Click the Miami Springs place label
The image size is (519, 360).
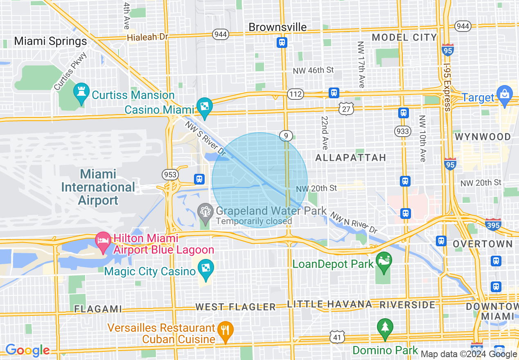pos(50,41)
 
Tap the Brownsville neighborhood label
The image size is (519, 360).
pos(278,27)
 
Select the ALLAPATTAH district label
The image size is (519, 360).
pos(351,157)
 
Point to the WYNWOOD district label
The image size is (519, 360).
pos(483,137)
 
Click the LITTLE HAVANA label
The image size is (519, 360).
pos(329,304)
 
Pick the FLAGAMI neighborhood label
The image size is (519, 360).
pos(98,308)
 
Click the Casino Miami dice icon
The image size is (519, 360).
pos(204,106)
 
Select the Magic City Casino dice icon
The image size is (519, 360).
pos(204,269)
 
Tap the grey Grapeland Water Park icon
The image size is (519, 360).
pos(205,211)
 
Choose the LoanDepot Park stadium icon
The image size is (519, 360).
pos(384,260)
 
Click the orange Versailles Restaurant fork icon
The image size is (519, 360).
pos(225,329)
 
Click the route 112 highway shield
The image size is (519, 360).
pos(295,94)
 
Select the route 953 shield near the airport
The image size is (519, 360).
pos(170,175)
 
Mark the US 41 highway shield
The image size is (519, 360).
pos(338,337)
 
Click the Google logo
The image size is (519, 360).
pos(27,350)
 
